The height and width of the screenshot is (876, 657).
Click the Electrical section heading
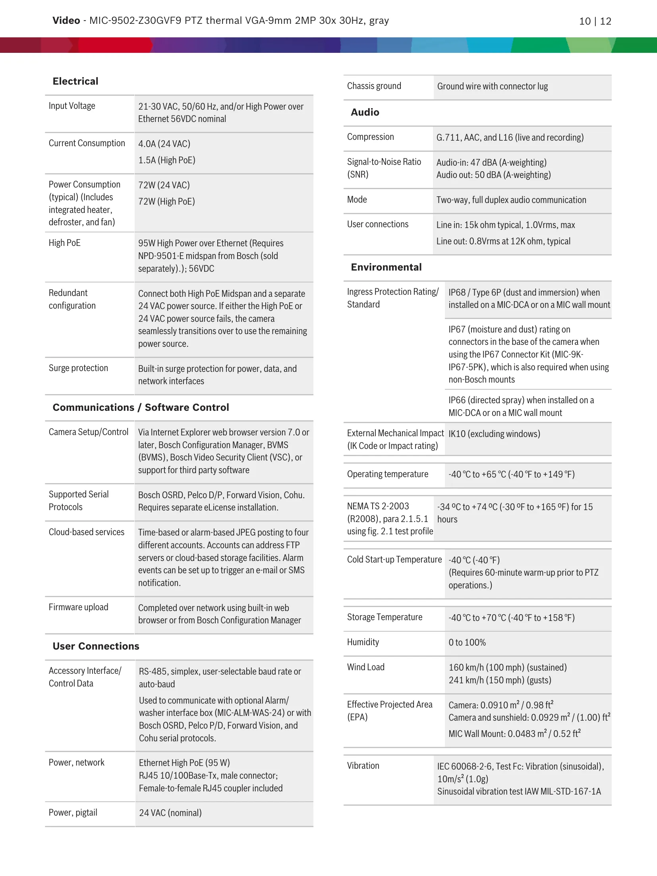click(x=75, y=81)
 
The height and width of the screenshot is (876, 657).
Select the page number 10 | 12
click(x=595, y=21)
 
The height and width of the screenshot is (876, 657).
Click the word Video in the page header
click(x=66, y=21)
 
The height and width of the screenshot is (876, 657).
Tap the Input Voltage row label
click(x=72, y=106)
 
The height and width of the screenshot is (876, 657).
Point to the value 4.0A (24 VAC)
click(x=164, y=144)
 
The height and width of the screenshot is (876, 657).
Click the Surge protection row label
click(x=78, y=368)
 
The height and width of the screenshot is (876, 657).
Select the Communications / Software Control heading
click(x=141, y=408)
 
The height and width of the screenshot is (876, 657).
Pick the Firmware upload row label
click(x=78, y=607)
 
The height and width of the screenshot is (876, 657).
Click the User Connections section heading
click(x=96, y=646)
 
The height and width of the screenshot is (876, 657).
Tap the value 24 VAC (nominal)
click(x=170, y=813)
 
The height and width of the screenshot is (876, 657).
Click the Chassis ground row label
click(x=374, y=86)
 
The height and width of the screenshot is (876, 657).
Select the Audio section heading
click(x=365, y=112)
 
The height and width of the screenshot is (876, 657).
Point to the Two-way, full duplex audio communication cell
click(x=511, y=200)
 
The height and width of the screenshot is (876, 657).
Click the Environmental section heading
click(x=386, y=267)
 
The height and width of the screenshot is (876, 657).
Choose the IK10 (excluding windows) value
click(x=494, y=434)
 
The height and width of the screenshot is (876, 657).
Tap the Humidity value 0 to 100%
click(x=467, y=643)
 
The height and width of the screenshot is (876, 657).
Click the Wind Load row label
click(x=365, y=667)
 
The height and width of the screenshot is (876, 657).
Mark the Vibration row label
click(x=363, y=766)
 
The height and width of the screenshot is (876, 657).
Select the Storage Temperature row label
click(x=385, y=617)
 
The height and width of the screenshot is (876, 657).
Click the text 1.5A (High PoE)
click(x=166, y=161)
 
